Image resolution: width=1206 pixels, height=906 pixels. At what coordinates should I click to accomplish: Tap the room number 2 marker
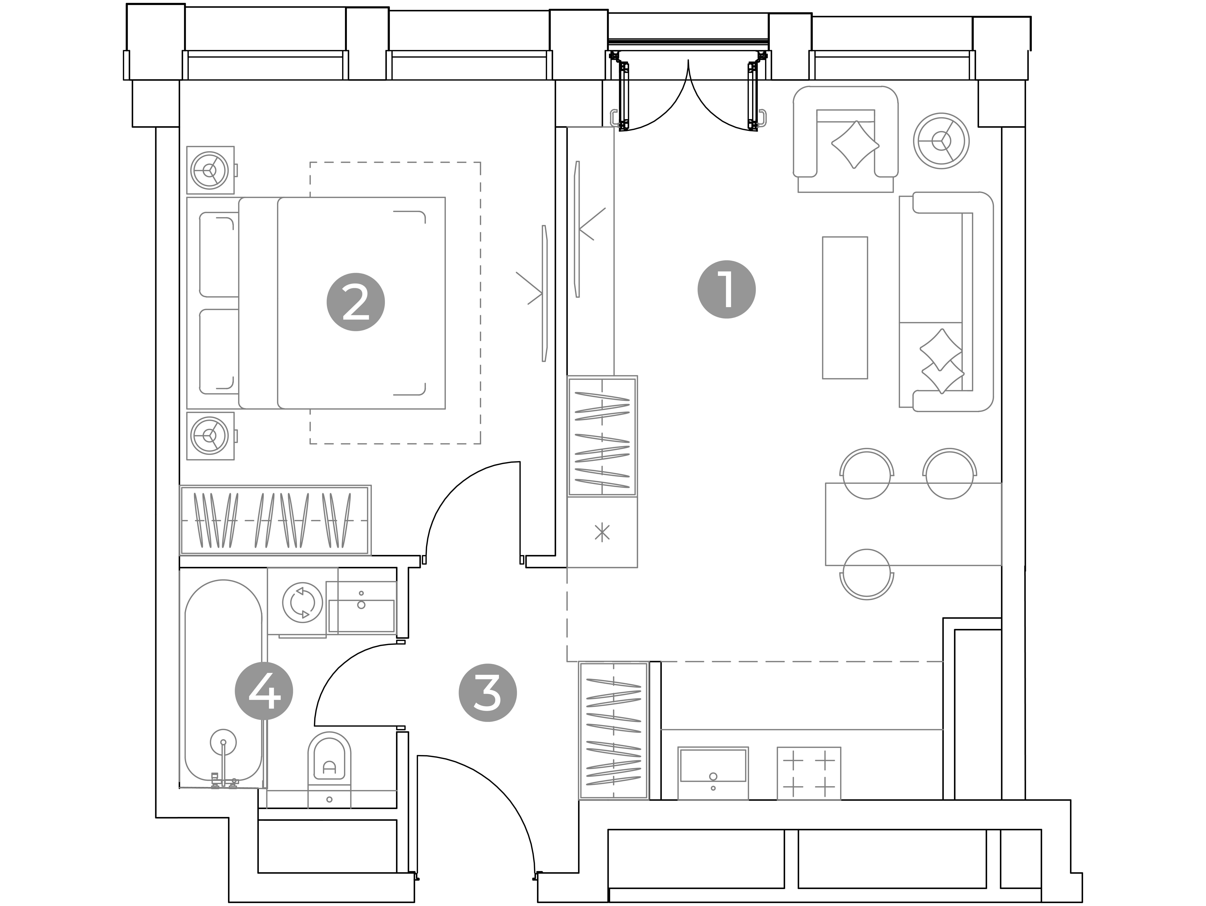point(356,302)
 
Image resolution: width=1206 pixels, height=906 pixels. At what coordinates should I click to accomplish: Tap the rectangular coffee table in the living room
point(845,307)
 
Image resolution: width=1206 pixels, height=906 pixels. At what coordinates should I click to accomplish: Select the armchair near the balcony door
point(845,139)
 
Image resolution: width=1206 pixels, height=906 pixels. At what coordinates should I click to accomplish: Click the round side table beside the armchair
point(941,141)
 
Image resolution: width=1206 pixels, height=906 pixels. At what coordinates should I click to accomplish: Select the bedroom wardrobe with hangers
point(275,520)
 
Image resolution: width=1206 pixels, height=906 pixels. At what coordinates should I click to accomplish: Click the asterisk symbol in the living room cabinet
point(602,532)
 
